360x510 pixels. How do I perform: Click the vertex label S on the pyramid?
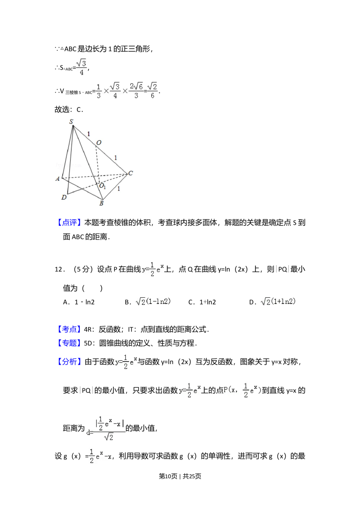tap(71, 122)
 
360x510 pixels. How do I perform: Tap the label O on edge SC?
tap(99, 143)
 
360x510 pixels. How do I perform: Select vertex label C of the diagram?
tap(130, 173)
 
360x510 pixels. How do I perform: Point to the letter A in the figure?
tap(58, 179)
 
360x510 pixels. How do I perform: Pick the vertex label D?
tap(64, 197)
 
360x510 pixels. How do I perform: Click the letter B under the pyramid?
tap(102, 203)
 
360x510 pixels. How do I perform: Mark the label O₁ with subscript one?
tap(102, 186)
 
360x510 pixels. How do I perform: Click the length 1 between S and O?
tap(89, 134)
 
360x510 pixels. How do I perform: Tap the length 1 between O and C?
tap(116, 157)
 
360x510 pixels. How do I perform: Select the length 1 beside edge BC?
tap(119, 188)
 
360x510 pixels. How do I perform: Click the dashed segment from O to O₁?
tap(97, 164)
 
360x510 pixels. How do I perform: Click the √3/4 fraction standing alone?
tap(82, 67)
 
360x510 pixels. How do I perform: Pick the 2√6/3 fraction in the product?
tap(136, 91)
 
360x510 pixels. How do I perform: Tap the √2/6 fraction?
tap(153, 91)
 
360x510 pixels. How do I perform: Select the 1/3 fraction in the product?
tap(99, 91)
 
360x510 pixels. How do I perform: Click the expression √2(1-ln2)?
tap(154, 302)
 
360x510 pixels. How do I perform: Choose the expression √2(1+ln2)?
tap(278, 302)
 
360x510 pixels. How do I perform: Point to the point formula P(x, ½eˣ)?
tap(243, 390)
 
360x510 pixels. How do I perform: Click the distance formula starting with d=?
tap(105, 429)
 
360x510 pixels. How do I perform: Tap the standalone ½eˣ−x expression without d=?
tap(99, 457)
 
